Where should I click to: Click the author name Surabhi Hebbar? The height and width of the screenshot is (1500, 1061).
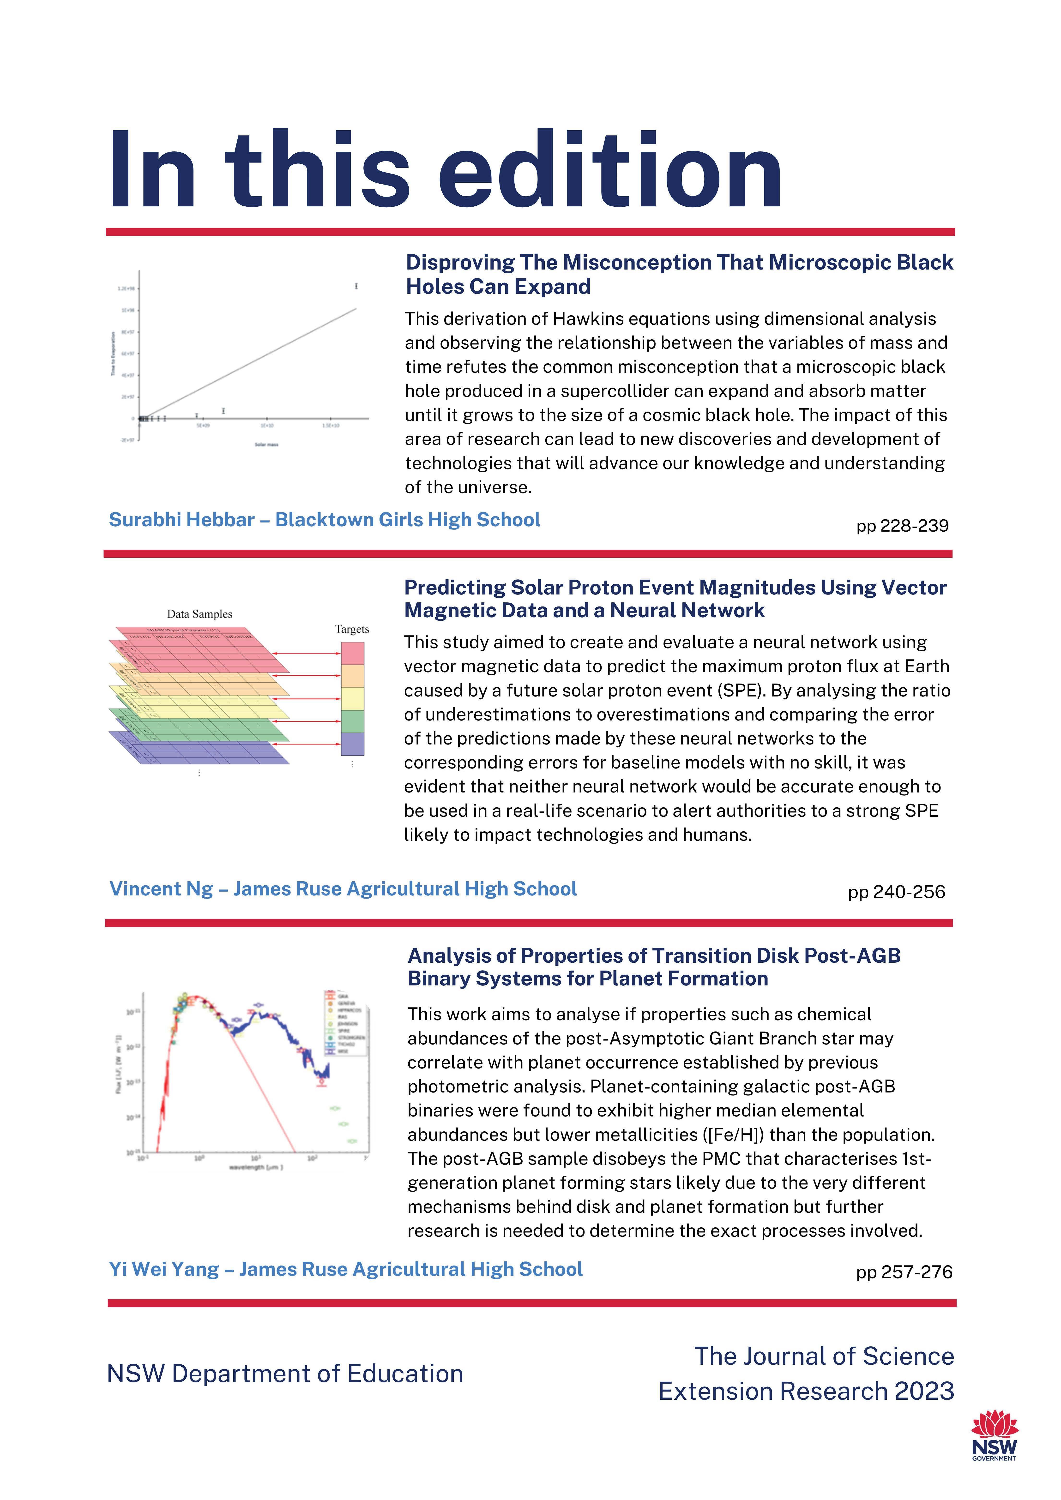click(182, 520)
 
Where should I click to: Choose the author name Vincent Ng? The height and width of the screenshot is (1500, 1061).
click(161, 889)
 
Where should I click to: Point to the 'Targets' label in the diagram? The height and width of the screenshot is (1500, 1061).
click(352, 629)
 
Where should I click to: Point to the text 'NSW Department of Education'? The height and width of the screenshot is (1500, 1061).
click(285, 1374)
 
